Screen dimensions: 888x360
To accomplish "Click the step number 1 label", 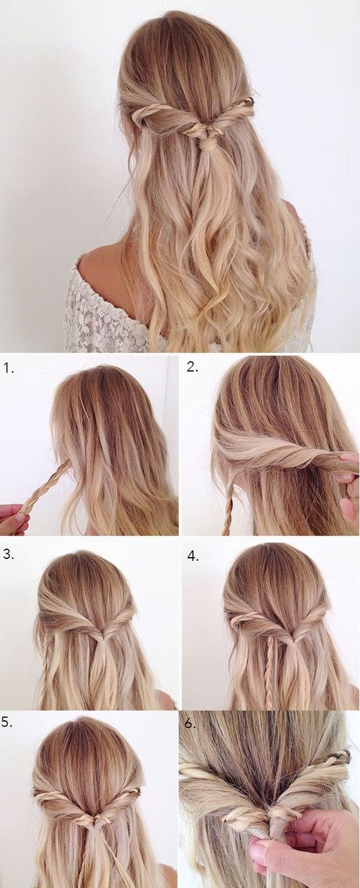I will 8,369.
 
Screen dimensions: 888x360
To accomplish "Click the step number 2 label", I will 192,368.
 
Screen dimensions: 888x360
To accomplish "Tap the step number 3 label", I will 8,554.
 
